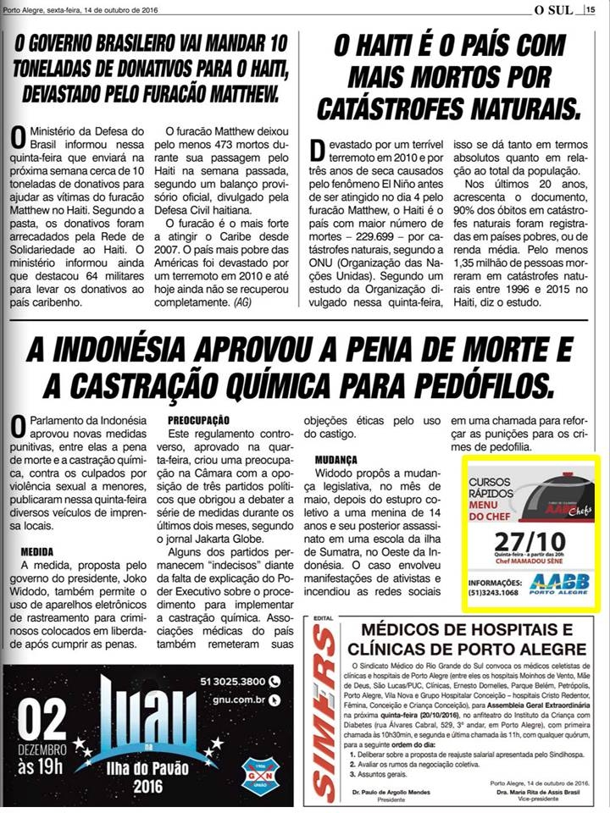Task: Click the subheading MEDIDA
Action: click(x=36, y=551)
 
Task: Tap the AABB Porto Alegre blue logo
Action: click(x=559, y=583)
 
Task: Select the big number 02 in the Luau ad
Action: click(x=42, y=722)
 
